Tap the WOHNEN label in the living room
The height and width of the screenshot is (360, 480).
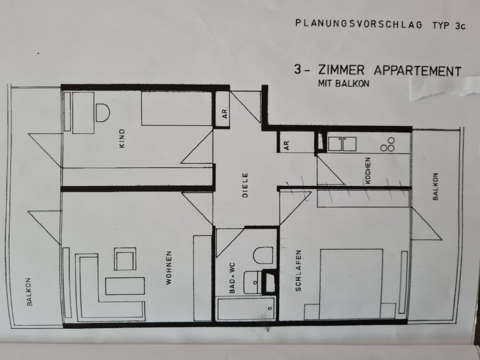click(x=169, y=268)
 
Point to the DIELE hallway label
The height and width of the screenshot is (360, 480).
click(x=245, y=185)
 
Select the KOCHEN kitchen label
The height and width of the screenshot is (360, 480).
click(x=368, y=170)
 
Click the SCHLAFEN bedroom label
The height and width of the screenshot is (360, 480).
click(x=298, y=271)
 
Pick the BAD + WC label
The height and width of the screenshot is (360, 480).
click(x=232, y=278)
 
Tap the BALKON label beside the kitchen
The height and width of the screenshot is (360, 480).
click(x=436, y=187)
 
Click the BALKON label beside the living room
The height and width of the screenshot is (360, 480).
click(x=29, y=292)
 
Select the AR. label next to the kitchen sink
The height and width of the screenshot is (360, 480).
click(x=287, y=145)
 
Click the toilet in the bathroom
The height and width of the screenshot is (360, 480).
click(x=263, y=256)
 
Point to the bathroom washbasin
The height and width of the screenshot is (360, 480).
click(x=253, y=283)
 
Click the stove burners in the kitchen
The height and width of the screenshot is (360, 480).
click(x=388, y=145)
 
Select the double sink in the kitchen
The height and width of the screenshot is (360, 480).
click(x=342, y=144)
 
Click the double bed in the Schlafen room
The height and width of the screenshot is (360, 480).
click(x=351, y=284)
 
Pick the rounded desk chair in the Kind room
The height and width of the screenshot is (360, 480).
click(x=103, y=113)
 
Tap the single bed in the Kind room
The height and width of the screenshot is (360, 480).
click(x=176, y=109)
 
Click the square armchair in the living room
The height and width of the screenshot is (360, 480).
click(x=125, y=259)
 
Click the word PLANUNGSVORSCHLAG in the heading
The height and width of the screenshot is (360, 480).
click(x=359, y=24)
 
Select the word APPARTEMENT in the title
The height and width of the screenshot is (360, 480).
click(x=418, y=71)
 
